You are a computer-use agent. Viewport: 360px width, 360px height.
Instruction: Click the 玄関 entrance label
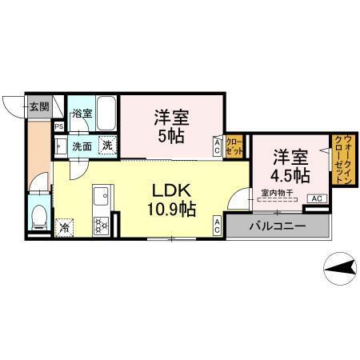(38, 106)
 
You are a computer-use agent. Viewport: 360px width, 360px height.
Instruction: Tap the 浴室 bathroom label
(82, 114)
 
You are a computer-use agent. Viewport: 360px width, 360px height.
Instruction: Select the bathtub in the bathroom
(106, 113)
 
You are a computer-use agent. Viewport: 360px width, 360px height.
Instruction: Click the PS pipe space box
(58, 126)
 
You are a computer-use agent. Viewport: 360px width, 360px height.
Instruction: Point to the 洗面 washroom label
(82, 146)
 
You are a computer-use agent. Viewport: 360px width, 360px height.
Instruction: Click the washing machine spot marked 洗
(107, 146)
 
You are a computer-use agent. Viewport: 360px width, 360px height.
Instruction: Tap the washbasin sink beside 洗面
(60, 146)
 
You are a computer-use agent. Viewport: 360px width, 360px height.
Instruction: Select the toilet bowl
(38, 216)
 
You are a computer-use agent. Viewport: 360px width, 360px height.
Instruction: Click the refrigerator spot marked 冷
(63, 227)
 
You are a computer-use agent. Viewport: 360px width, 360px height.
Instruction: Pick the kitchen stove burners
(102, 223)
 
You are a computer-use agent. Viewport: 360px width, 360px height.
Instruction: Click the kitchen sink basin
(102, 196)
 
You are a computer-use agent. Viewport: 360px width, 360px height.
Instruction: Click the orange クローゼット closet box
(234, 146)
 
